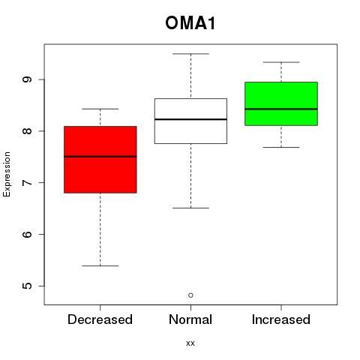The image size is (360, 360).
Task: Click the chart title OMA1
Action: click(190, 23)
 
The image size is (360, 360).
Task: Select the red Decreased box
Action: click(100, 160)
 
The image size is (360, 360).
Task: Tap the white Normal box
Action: click(190, 121)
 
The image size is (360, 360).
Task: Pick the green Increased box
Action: click(281, 103)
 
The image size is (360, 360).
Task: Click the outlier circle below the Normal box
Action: click(190, 295)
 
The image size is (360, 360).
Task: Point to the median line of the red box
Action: click(100, 157)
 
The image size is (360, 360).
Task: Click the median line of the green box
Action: click(281, 109)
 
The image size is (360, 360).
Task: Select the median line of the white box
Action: click(190, 119)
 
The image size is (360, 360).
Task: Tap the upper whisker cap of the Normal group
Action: click(190, 54)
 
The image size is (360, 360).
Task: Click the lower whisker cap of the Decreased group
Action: click(100, 265)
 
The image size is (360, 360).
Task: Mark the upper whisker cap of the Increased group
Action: click(281, 62)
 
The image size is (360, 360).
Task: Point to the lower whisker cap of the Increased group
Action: click(281, 147)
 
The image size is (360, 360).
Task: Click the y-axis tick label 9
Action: click(27, 79)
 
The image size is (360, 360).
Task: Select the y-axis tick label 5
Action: click(27, 286)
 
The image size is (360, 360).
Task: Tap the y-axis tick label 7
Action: click(27, 183)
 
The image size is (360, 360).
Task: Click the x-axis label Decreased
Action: click(100, 319)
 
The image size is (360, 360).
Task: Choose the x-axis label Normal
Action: click(190, 319)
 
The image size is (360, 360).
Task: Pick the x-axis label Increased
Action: click(281, 319)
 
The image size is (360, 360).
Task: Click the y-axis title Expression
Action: click(7, 174)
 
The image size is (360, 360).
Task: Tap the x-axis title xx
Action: click(190, 343)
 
